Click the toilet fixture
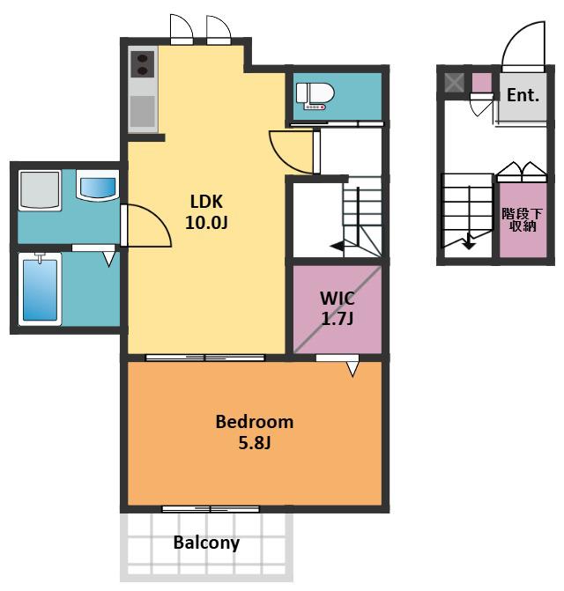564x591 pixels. point(315,96)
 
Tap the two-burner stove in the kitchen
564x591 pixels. point(143,64)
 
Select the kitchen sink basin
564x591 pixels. point(143,111)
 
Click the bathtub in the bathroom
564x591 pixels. point(40,289)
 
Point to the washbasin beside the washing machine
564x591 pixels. point(98,185)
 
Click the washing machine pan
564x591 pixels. point(40,190)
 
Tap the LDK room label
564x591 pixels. point(206,202)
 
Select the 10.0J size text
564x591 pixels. point(206,222)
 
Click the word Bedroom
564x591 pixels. point(255,422)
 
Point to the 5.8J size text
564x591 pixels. point(255,442)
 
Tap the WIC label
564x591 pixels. point(338,299)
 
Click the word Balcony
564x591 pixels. point(206,543)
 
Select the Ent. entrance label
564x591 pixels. point(523,95)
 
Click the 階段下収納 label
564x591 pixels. point(523,219)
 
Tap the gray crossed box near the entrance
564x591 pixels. point(454,83)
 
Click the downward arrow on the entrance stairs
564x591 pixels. point(468,240)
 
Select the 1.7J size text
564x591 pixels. point(338,319)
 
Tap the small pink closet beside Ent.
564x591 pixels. point(482,83)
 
